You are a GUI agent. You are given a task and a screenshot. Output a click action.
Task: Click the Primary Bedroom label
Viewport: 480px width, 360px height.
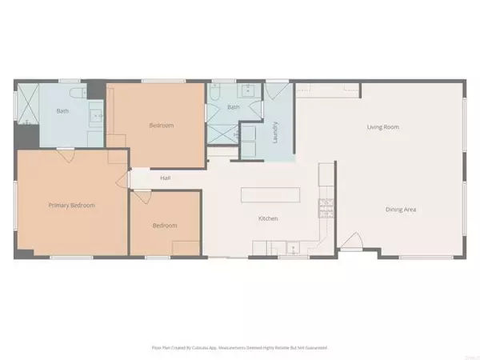coord(70,206)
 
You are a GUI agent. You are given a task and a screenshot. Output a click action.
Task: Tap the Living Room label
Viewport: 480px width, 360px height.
coord(382,127)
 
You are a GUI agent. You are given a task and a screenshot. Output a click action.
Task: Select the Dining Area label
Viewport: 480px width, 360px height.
coord(403,210)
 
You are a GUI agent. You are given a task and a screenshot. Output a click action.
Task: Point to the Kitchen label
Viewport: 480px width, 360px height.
coord(267,218)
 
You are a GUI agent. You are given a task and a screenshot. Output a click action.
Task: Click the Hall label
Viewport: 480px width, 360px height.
coord(165,178)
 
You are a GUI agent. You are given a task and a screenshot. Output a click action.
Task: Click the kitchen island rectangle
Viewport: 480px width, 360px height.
coord(269,195)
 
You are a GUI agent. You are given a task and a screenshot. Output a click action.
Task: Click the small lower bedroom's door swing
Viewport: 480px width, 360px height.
coord(141,198)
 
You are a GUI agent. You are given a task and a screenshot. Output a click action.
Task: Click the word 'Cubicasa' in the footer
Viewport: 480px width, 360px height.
coord(206,348)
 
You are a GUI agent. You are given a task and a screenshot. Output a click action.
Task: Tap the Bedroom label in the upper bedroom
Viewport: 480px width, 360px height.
coord(162,126)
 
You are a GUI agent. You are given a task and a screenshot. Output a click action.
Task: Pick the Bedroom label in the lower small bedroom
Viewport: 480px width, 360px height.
coord(165,225)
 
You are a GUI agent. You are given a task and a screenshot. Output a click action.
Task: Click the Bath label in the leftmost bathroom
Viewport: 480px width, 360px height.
coord(62,110)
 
